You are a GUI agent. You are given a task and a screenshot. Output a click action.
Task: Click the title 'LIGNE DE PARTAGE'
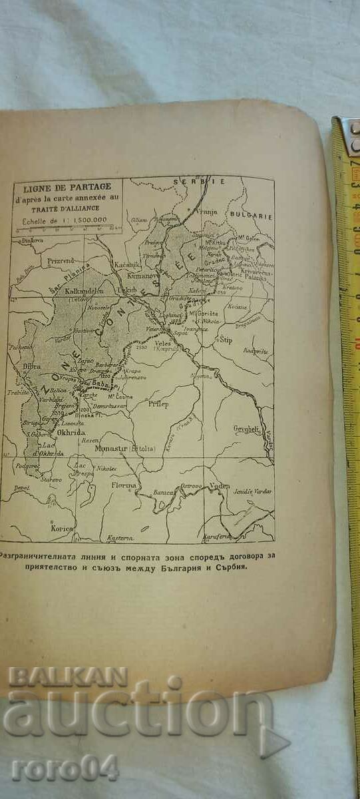[64, 186]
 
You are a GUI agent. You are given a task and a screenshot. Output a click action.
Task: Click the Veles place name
[163, 344]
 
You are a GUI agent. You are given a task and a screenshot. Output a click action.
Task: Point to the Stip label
[226, 340]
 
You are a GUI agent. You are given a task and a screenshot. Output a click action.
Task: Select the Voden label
[219, 486]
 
